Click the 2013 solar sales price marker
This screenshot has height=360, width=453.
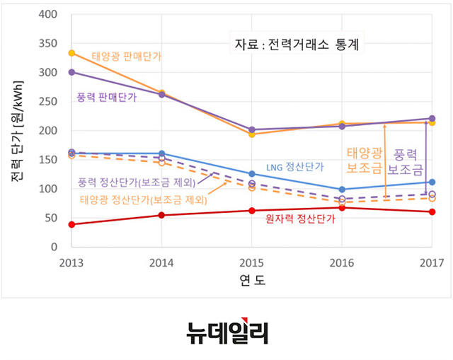click(71, 53)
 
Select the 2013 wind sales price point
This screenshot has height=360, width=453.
click(71, 72)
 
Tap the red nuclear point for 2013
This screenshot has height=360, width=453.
click(71, 224)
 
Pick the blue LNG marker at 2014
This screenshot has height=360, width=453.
click(162, 153)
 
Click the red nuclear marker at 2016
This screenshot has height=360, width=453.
click(342, 208)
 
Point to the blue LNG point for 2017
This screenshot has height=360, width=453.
click(432, 182)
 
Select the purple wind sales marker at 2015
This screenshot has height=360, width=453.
click(252, 130)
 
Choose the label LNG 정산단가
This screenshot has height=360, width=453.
click(295, 168)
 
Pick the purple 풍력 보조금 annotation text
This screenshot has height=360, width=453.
click(406, 161)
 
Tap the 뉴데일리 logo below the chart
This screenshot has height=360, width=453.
click(226, 332)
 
